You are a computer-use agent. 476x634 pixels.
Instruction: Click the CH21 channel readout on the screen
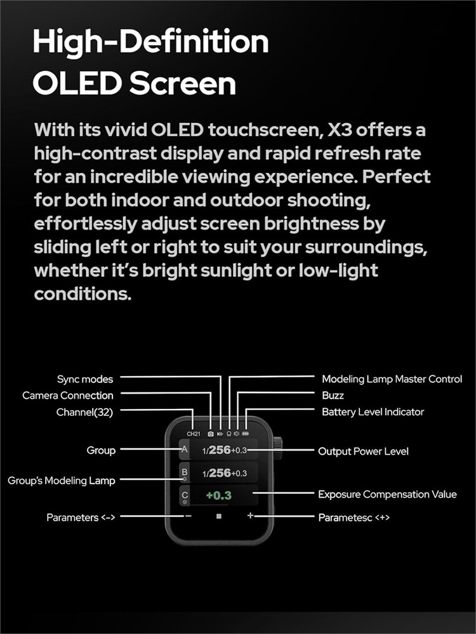(194, 434)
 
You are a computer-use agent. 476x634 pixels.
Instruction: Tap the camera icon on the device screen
(211, 434)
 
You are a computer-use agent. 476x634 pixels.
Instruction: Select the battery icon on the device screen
(246, 434)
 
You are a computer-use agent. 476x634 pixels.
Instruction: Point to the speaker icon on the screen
(237, 434)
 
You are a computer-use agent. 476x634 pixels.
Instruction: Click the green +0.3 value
(218, 495)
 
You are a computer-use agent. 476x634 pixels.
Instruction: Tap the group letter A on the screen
(185, 450)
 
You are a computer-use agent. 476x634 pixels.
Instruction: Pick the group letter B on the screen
(185, 472)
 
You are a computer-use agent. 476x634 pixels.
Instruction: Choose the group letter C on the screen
(185, 495)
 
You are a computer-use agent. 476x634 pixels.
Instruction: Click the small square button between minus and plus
(219, 516)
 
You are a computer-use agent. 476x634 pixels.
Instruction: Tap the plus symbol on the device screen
(251, 515)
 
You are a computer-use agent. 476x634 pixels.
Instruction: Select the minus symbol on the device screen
(188, 516)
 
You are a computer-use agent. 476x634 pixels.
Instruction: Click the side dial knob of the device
(278, 448)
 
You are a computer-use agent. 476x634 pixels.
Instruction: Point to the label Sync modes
(85, 379)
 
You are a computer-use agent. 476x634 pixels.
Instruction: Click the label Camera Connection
(68, 396)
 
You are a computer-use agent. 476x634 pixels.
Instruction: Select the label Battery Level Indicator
(373, 412)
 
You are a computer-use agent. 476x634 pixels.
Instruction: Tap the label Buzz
(333, 396)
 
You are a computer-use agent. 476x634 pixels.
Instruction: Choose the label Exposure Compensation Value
(387, 494)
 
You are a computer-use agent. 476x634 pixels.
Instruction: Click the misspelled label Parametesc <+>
(354, 517)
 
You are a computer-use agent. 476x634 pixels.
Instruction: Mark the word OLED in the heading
(77, 84)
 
